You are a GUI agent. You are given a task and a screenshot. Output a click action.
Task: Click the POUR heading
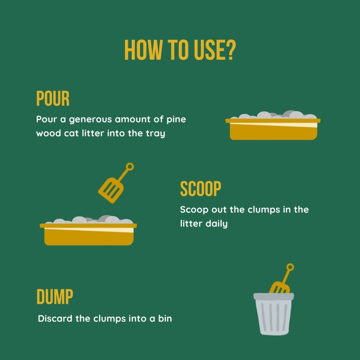pyautogui.click(x=53, y=98)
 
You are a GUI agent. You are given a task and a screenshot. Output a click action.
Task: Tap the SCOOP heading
pyautogui.click(x=201, y=189)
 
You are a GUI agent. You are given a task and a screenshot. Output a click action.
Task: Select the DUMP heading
pyautogui.click(x=55, y=297)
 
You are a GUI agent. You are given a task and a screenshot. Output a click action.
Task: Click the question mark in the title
pyautogui.click(x=231, y=50)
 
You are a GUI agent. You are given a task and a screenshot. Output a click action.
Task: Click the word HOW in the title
pyautogui.click(x=143, y=50)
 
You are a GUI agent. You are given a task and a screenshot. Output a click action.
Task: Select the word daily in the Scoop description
pyautogui.click(x=216, y=224)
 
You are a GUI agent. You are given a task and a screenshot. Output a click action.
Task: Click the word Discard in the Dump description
pyautogui.click(x=55, y=319)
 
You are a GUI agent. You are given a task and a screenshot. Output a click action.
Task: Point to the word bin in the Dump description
pyautogui.click(x=165, y=319)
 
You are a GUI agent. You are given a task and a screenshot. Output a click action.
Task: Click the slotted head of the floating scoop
pyautogui.click(x=111, y=190)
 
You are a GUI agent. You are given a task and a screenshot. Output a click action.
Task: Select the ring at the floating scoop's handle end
pyautogui.click(x=130, y=167)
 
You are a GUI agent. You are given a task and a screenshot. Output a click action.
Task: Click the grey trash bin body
pyautogui.click(x=274, y=317)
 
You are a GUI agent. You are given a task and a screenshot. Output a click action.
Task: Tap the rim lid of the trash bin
pyautogui.click(x=274, y=296)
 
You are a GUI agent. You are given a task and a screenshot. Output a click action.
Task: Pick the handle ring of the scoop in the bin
pyautogui.click(x=290, y=267)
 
